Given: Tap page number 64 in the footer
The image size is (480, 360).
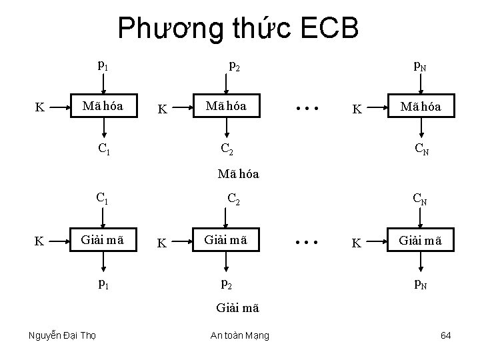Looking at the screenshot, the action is (x=446, y=335).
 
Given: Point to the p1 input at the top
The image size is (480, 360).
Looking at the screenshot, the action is (x=103, y=65).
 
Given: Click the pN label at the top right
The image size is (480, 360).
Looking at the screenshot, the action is (x=421, y=65).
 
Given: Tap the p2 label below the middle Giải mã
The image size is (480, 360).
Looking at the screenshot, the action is (x=227, y=283).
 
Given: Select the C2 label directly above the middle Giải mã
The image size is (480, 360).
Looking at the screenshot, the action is (x=234, y=199).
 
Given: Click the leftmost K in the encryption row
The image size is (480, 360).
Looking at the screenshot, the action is (x=39, y=107).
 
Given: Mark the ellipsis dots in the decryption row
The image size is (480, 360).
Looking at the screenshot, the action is (x=309, y=240).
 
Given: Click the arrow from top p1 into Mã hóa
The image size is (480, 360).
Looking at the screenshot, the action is (x=103, y=83).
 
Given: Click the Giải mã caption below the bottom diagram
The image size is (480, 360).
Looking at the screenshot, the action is (x=238, y=308).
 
